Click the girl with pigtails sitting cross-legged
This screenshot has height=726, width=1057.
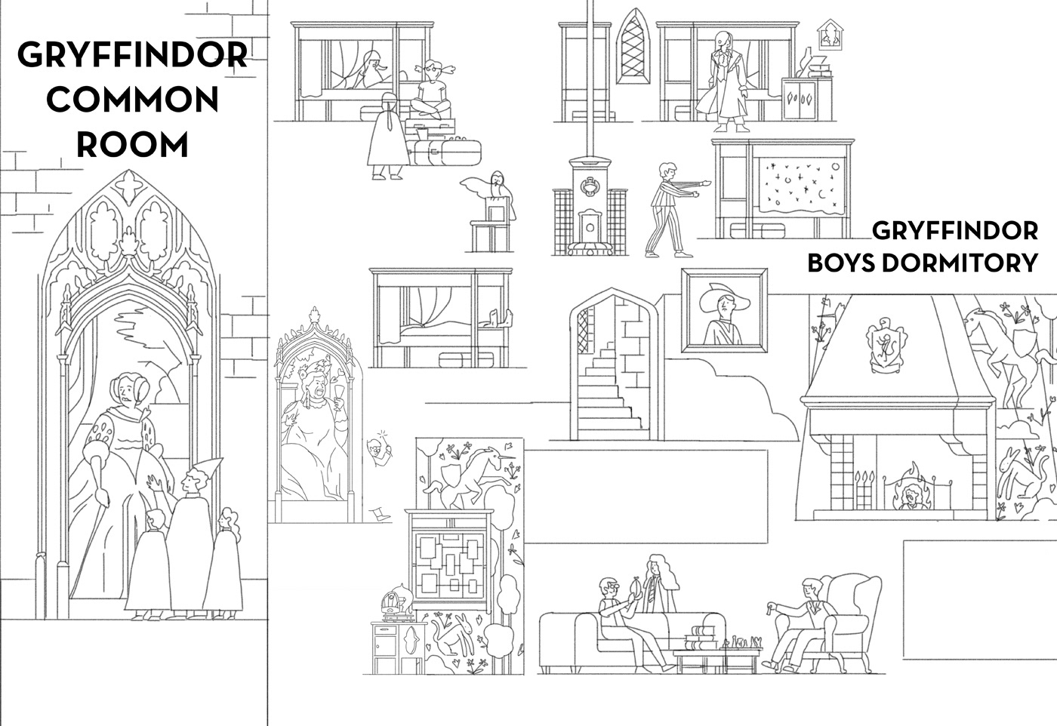point(430,91)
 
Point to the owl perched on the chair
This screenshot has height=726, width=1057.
point(495,189)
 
